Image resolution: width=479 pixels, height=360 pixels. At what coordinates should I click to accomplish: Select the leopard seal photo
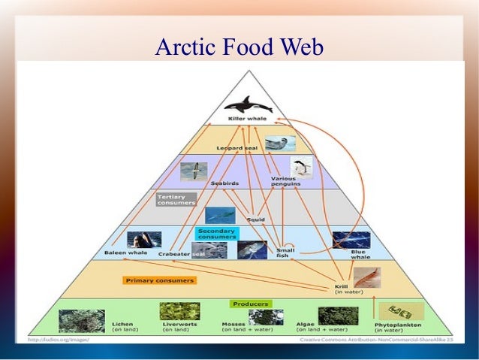(x=280, y=143)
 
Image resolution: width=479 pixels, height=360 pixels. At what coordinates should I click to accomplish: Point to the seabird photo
(x=193, y=171)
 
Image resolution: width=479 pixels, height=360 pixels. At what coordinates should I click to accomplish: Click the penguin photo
(x=302, y=167)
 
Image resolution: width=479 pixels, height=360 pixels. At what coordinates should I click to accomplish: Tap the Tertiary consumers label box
(x=176, y=200)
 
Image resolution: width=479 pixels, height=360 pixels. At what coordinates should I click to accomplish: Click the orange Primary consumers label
(x=159, y=280)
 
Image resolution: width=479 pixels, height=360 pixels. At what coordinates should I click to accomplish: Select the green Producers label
(x=250, y=304)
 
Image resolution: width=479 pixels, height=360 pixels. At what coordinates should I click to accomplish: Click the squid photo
(x=220, y=215)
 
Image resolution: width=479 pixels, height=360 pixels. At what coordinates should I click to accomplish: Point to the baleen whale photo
(x=143, y=240)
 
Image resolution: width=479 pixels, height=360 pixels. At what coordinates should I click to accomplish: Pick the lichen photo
(x=82, y=320)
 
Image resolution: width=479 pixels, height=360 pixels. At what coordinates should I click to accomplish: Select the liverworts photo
(x=179, y=313)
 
